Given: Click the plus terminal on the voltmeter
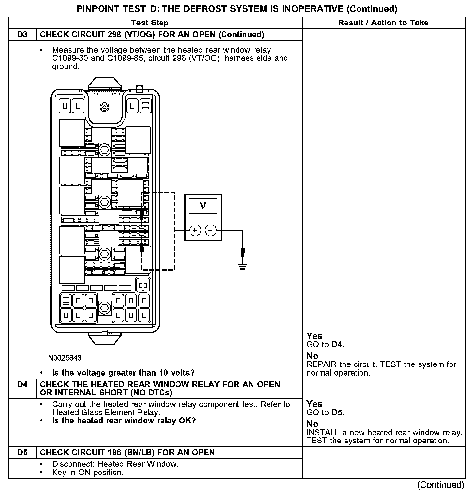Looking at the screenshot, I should click(195, 230).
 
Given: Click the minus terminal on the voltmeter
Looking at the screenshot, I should click(210, 230).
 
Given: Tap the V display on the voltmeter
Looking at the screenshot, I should click(203, 206).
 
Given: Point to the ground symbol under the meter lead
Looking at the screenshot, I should click(242, 266).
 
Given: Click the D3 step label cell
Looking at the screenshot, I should click(22, 35).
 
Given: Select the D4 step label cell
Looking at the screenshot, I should click(22, 384).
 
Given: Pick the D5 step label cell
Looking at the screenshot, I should click(22, 452).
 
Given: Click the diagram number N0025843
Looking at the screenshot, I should click(65, 358).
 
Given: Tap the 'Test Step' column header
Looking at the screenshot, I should click(150, 23).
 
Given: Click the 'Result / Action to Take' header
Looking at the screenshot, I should click(383, 23).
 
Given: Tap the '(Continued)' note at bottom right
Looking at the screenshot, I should click(440, 485).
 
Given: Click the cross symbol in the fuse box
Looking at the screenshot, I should click(143, 285).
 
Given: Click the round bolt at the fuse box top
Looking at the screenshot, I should click(105, 107).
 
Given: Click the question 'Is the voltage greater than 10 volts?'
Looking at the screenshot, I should click(123, 373).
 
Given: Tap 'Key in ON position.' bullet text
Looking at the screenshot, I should click(88, 473).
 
